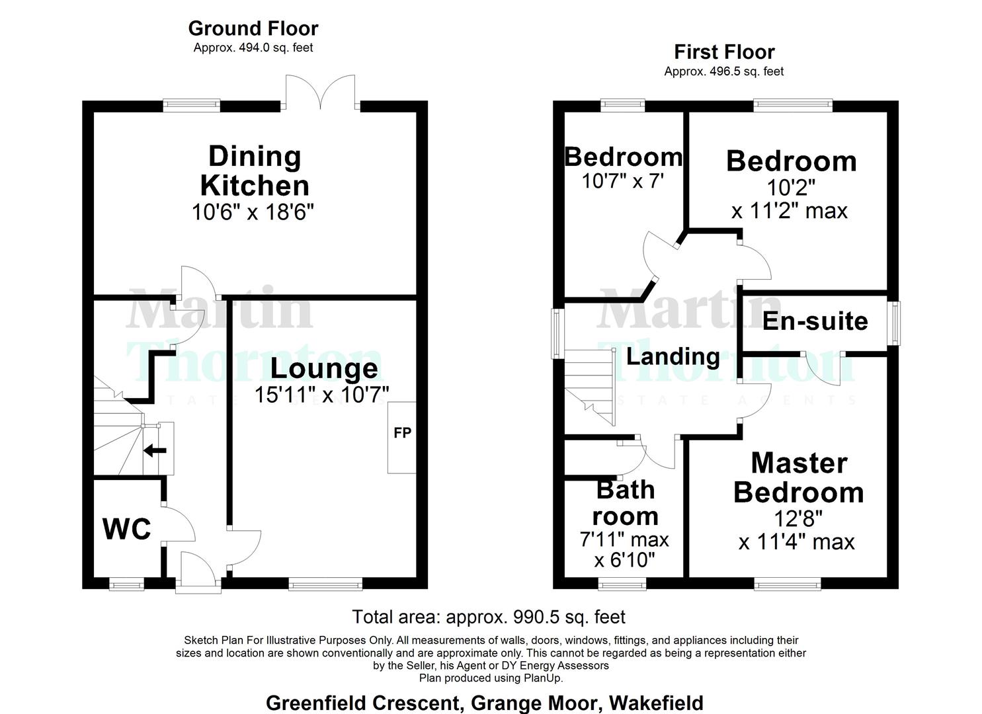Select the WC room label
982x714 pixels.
pyautogui.click(x=127, y=529)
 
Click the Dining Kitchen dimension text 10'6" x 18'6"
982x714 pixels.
pyautogui.click(x=253, y=212)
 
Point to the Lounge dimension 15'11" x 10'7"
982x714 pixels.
pyautogui.click(x=321, y=395)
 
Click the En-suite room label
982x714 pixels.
pyautogui.click(x=815, y=321)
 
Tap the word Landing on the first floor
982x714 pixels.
pyautogui.click(x=673, y=357)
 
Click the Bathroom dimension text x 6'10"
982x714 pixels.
pyautogui.click(x=624, y=560)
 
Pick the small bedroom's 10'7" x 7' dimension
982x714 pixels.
pyautogui.click(x=622, y=180)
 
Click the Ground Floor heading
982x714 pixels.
pyautogui.click(x=253, y=28)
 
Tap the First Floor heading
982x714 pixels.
pyautogui.click(x=724, y=52)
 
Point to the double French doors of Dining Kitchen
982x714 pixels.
pyautogui.click(x=321, y=93)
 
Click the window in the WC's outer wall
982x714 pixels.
pyautogui.click(x=126, y=584)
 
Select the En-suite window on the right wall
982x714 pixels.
pyautogui.click(x=894, y=323)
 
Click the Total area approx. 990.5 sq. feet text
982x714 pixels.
pyautogui.click(x=489, y=617)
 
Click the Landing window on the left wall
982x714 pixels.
pyautogui.click(x=557, y=334)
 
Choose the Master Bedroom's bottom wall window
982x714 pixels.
pyautogui.click(x=788, y=584)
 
